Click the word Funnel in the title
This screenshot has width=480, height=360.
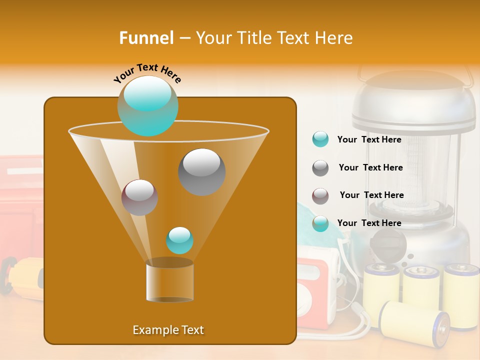(146, 38)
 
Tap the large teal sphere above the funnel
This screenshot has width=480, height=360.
(148, 105)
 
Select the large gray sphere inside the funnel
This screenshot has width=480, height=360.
(201, 171)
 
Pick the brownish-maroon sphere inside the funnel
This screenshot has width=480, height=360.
(139, 197)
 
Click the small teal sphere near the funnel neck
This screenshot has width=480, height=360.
(179, 240)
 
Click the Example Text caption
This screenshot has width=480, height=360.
(168, 330)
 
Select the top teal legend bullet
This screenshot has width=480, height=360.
(320, 139)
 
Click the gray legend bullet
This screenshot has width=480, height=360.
(320, 167)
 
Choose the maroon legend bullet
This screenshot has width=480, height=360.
(320, 195)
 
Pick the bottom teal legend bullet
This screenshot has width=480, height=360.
(320, 223)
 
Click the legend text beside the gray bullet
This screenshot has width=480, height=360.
(370, 167)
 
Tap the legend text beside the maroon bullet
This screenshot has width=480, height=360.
(371, 195)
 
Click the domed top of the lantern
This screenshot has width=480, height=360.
(413, 95)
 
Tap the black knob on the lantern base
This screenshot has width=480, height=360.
(388, 245)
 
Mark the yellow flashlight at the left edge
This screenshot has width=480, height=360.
(22, 278)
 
